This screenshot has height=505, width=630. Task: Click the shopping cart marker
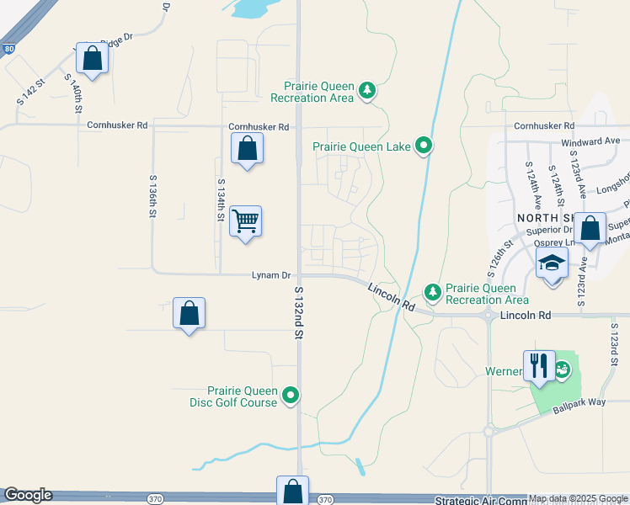click(x=245, y=221)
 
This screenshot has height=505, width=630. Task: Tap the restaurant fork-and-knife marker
click(x=539, y=365)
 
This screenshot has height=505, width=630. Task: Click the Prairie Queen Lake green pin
click(x=424, y=146)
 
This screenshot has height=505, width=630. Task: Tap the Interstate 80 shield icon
click(x=8, y=49)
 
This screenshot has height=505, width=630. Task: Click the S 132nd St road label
click(x=298, y=312)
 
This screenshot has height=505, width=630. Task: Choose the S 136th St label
click(x=152, y=197)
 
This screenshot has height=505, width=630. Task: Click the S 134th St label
click(x=221, y=199)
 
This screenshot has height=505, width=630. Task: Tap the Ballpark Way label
click(x=579, y=407)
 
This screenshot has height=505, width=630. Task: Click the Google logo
click(x=27, y=495)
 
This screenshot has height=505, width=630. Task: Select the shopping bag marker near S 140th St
click(x=93, y=58)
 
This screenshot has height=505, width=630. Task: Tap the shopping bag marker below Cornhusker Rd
click(x=247, y=149)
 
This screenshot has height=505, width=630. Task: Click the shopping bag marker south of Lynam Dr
click(x=190, y=313)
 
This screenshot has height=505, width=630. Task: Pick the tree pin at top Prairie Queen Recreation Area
click(x=366, y=90)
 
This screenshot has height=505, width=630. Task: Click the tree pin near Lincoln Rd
click(x=433, y=292)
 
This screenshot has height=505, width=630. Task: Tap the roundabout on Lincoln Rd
click(x=489, y=316)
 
